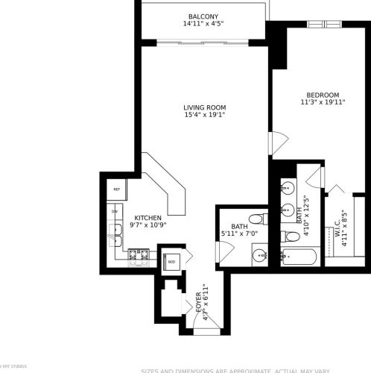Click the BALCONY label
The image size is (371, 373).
[203, 16]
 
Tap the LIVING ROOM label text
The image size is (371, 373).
[204, 107]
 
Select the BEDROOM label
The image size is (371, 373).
[323, 95]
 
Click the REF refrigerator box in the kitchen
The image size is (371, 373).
[117, 189]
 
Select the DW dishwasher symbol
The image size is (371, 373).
[115, 212]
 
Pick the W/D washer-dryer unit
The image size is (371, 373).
[171, 261]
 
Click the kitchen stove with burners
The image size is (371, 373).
[139, 258]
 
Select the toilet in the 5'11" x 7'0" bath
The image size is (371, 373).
[257, 219]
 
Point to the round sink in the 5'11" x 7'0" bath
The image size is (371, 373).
[259, 256]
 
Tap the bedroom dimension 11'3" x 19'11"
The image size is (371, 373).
[323, 104]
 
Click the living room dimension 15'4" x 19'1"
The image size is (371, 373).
[204, 116]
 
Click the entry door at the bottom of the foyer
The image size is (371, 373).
[210, 319]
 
